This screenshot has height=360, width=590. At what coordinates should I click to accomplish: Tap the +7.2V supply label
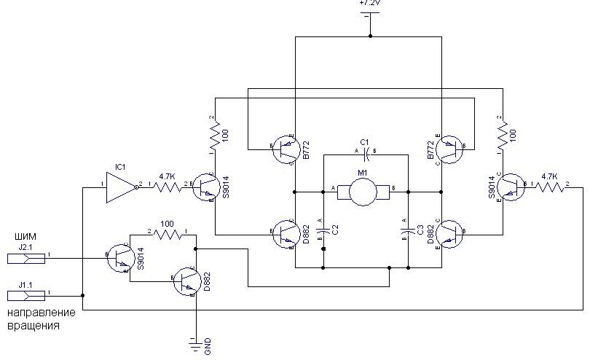(x=370, y=4)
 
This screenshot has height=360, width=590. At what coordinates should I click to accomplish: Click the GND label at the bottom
(x=208, y=348)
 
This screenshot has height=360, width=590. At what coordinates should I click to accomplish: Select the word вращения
(x=33, y=325)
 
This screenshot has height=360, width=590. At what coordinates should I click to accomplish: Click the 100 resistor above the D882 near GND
(x=167, y=235)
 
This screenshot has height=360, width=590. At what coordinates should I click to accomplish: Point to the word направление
(x=41, y=313)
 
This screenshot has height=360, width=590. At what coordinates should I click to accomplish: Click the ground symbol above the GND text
(x=196, y=340)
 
